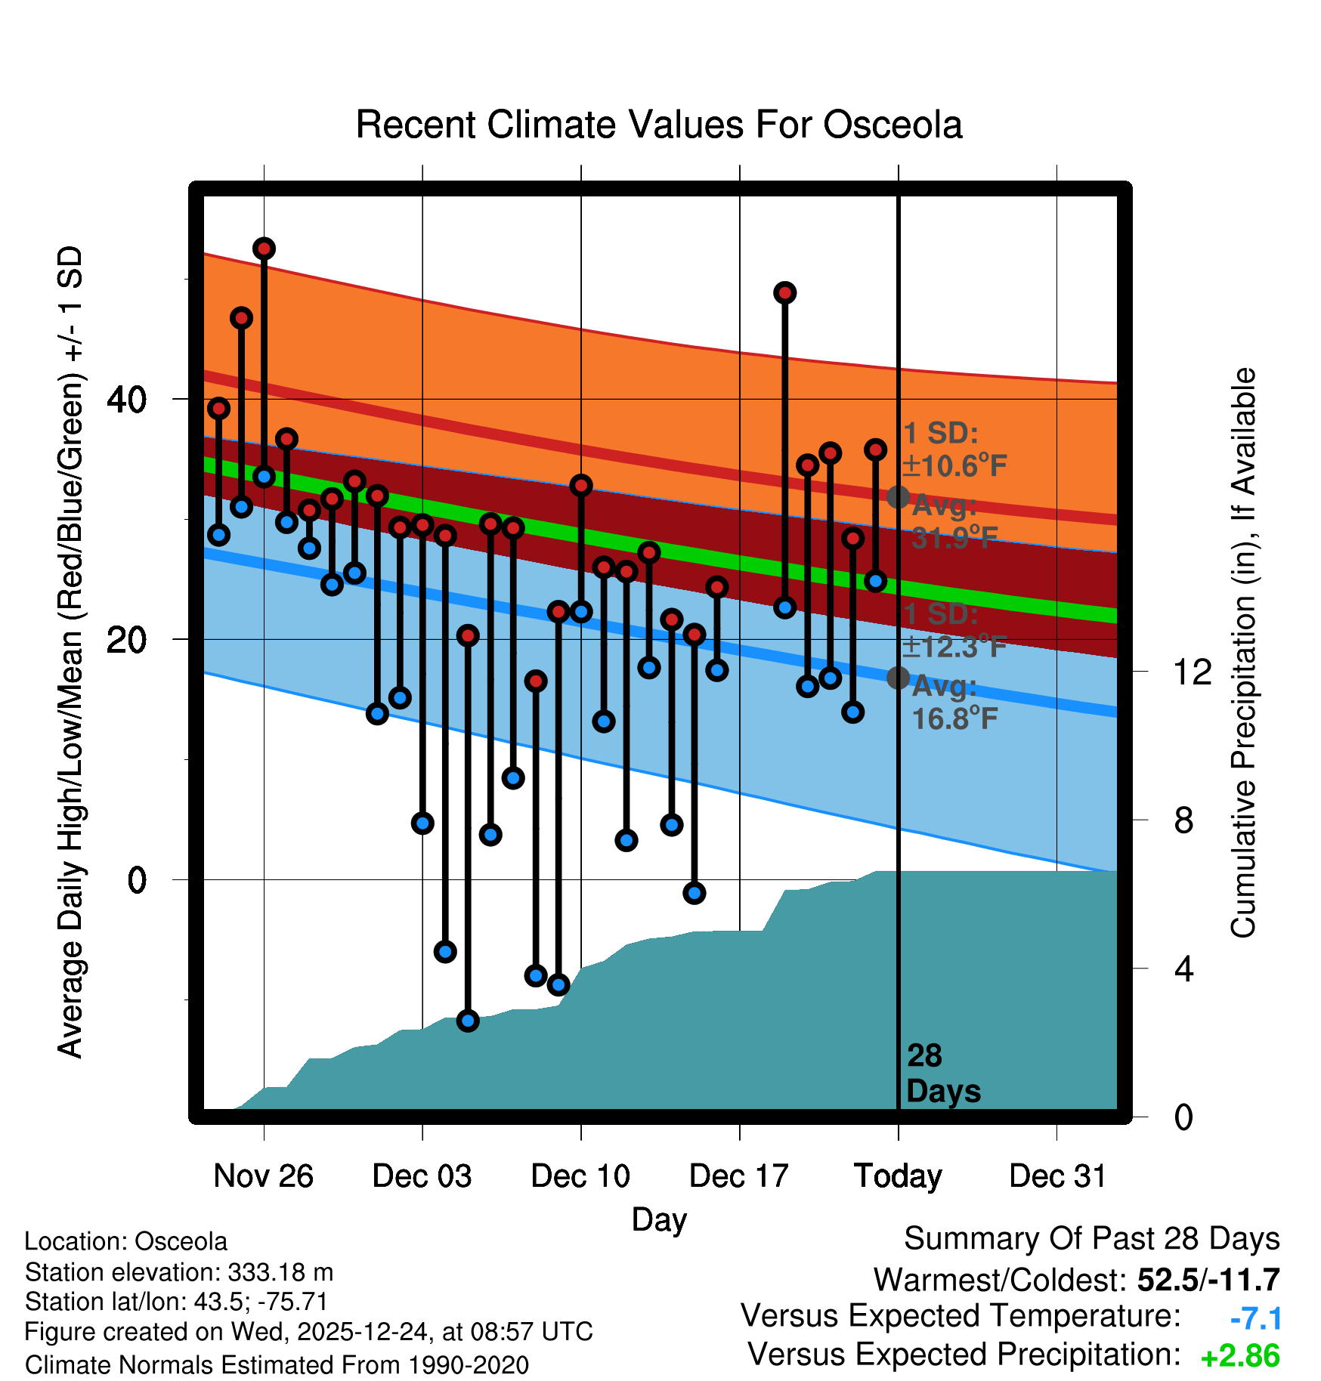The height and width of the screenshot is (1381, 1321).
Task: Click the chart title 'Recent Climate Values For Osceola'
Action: pos(658,125)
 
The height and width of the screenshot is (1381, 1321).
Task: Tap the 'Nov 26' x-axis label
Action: pos(263,1176)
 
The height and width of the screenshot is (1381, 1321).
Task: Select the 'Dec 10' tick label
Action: pos(580,1176)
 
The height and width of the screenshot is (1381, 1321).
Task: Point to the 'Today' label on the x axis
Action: pos(898,1176)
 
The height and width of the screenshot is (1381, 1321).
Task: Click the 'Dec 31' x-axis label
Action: pos(1057,1176)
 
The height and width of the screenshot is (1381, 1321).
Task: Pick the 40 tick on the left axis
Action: pos(126,399)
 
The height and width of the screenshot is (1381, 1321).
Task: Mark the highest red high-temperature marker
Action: pos(264,249)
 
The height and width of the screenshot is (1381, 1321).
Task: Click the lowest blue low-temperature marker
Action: pos(468,1021)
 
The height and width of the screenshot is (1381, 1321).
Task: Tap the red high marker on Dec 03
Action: pos(422,524)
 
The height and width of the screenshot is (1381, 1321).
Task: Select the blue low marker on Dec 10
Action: pos(581,612)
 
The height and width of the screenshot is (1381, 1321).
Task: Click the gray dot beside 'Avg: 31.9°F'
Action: pos(898,497)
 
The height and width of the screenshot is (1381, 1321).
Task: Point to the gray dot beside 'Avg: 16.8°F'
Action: pos(898,678)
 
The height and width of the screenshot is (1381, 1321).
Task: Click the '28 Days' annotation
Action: pos(942,1074)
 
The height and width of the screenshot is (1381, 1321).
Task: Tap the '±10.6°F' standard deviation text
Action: pos(955,466)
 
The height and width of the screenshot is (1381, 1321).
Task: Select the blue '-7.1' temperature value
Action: pos(1255,1319)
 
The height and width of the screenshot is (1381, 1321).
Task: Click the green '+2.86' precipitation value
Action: pos(1240,1356)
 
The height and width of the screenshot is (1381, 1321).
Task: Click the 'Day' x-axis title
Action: pos(659,1219)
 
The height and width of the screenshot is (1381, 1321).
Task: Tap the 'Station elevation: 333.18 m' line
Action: pos(179,1272)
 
